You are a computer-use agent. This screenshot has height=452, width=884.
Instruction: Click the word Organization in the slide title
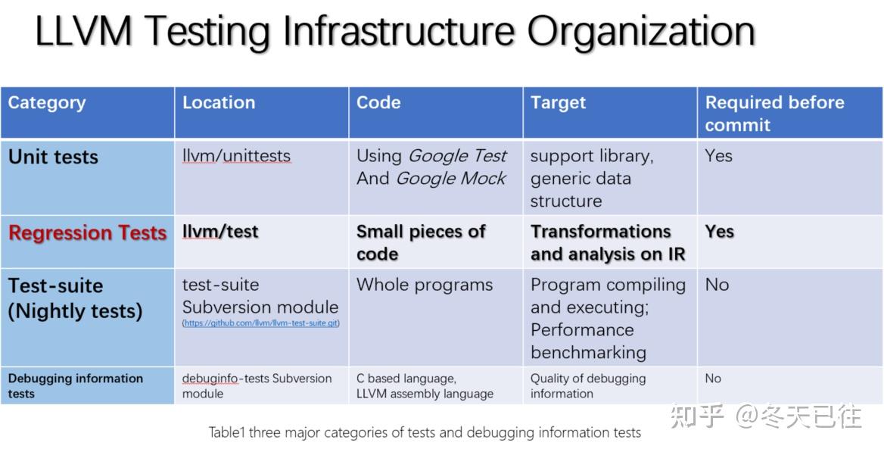(641, 32)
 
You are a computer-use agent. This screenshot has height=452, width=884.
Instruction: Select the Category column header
(47, 103)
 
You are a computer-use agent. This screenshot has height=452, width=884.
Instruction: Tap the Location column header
(219, 102)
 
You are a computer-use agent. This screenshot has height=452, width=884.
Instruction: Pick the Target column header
(558, 103)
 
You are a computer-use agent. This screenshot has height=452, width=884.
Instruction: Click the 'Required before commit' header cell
(774, 114)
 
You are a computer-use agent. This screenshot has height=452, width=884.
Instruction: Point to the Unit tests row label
(53, 157)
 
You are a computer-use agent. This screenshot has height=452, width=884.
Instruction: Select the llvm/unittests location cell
(237, 156)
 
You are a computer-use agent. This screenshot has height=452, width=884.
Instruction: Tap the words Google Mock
(450, 179)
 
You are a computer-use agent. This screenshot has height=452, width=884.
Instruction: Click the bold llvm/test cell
(220, 232)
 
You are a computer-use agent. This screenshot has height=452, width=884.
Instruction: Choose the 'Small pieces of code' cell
(421, 242)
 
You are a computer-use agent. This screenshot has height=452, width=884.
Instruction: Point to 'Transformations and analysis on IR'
(608, 242)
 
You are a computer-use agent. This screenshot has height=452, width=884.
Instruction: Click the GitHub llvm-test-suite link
(261, 323)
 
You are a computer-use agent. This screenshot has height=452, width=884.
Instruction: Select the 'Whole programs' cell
(425, 285)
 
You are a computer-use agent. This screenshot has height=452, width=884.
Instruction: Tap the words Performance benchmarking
(588, 341)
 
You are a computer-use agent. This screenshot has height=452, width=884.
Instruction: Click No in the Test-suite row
(717, 285)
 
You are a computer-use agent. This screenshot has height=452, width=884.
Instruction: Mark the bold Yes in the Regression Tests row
(719, 232)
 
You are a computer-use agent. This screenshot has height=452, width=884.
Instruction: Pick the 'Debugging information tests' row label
(76, 386)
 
